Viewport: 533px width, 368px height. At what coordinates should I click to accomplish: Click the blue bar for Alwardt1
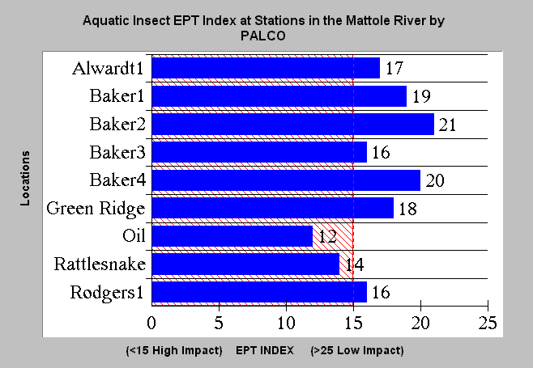click(x=266, y=68)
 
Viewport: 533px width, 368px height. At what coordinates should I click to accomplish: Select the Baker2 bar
click(x=293, y=124)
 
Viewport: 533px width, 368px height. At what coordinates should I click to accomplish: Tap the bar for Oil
click(x=232, y=236)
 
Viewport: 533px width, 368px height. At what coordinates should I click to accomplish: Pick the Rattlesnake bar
click(x=245, y=264)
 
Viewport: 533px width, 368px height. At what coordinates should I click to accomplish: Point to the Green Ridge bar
click(x=273, y=208)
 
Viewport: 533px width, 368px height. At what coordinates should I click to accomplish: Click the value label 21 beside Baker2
click(x=447, y=125)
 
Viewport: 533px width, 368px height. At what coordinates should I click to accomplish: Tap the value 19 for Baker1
click(x=421, y=96)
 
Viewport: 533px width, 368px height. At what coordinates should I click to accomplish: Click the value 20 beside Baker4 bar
click(x=435, y=180)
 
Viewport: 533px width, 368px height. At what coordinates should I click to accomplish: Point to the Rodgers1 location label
click(x=107, y=293)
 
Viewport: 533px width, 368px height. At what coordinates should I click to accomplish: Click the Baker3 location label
click(x=117, y=152)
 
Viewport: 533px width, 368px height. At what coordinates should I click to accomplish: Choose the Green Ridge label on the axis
click(x=96, y=209)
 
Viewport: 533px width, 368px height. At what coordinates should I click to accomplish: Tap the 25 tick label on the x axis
click(x=488, y=323)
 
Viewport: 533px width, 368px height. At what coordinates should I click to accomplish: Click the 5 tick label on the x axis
click(x=219, y=323)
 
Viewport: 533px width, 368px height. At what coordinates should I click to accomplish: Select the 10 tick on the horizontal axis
click(x=286, y=323)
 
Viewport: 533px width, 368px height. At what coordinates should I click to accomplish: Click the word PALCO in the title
click(x=263, y=36)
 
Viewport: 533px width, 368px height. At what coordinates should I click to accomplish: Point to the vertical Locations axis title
click(x=25, y=179)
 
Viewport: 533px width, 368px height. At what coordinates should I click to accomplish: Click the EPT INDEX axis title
click(x=265, y=350)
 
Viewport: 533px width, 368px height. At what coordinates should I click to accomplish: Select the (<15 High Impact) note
click(x=174, y=351)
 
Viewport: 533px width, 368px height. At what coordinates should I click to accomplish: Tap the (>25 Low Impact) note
click(x=357, y=351)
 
